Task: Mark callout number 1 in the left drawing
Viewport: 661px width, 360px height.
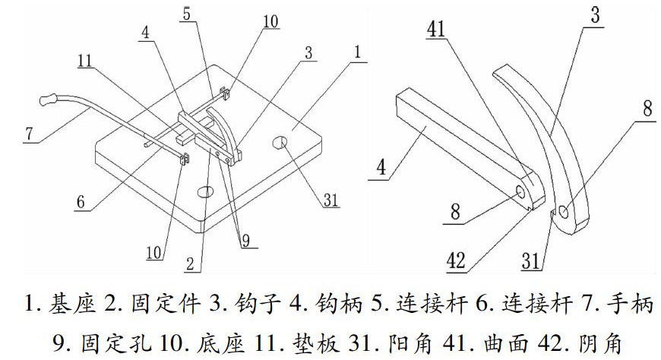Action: [x=358, y=54]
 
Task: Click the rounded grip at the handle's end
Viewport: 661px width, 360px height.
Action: [x=49, y=99]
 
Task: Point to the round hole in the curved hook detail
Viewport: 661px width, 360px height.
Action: [x=566, y=213]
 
